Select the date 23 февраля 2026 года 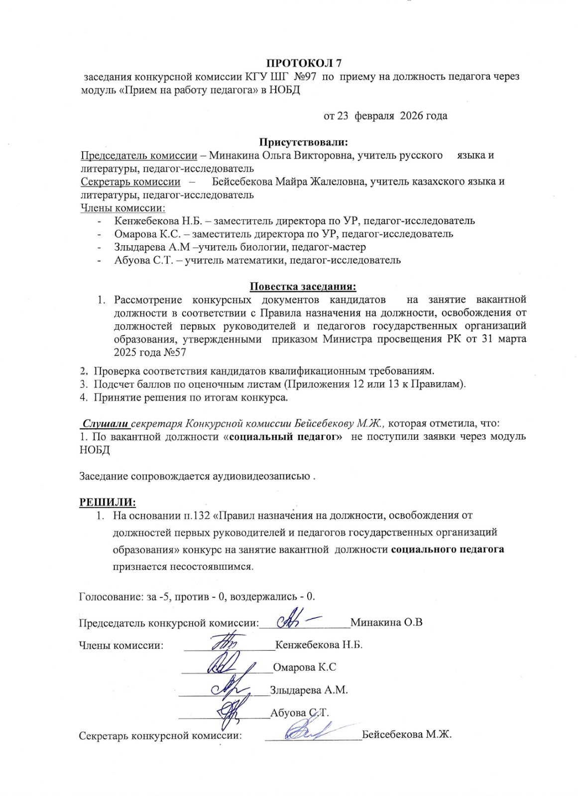point(385,116)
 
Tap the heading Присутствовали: point(303,142)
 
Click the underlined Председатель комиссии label point(139,155)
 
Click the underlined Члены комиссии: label point(123,208)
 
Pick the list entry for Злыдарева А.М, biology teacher point(240,247)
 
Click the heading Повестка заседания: point(303,287)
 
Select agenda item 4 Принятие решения point(191,398)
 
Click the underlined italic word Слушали point(106,424)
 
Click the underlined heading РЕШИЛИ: point(108,502)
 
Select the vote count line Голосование point(197,596)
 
